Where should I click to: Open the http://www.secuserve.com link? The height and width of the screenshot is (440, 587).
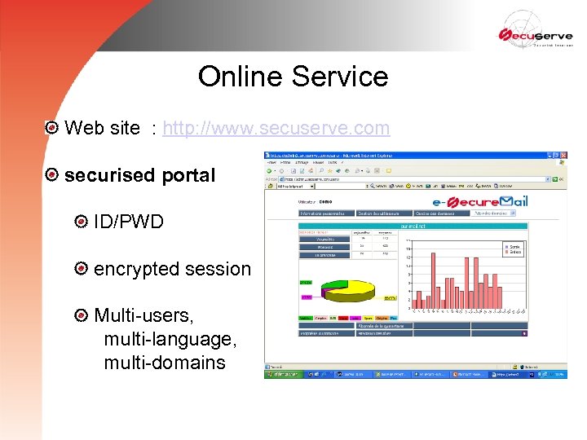point(276,128)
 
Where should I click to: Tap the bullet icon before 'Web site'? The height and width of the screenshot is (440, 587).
point(52,128)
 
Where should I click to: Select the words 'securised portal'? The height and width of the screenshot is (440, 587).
point(139,175)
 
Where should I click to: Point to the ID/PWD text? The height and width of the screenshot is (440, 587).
point(129,222)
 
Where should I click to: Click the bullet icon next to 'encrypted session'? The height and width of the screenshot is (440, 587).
point(81,269)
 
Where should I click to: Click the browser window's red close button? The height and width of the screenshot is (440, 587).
point(563,155)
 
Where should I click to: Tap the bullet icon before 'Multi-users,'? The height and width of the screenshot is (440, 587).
point(81,315)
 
